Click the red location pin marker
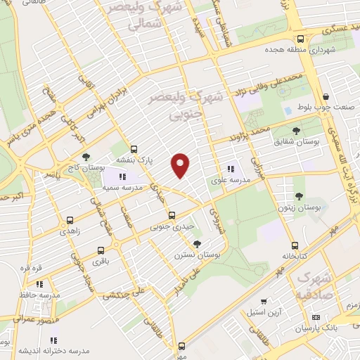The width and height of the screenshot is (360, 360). (x=181, y=165)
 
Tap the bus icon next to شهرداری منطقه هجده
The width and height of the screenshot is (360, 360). (x=300, y=39)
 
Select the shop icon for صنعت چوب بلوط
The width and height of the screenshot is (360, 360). (x=325, y=97)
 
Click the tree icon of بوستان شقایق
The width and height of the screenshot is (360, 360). (x=296, y=130)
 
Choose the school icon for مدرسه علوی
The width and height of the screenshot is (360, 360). (x=230, y=168)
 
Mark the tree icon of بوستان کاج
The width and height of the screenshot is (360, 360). (x=86, y=157)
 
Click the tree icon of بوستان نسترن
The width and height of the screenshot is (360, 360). (x=196, y=243)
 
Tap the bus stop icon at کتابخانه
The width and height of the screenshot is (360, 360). (x=295, y=245)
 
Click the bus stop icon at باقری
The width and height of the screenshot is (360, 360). (x=101, y=250)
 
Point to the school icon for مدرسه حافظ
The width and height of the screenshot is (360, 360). (x=40, y=284)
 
